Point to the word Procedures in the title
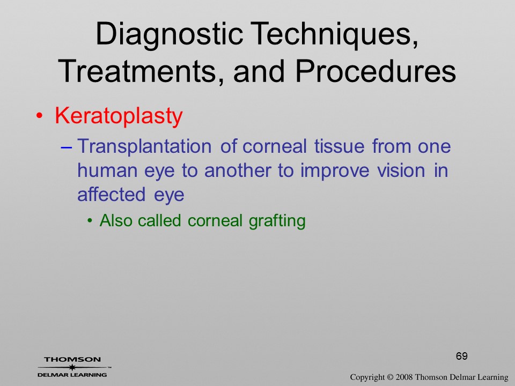(376, 71)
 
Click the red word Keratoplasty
(119, 116)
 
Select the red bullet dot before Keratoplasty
(39, 116)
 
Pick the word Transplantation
(144, 147)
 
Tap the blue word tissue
(339, 146)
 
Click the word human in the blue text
(107, 170)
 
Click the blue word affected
(112, 194)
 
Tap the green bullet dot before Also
(90, 221)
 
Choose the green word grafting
(277, 221)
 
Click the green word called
(159, 220)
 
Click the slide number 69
(462, 356)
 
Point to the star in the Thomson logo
(72, 367)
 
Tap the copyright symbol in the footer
(390, 377)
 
